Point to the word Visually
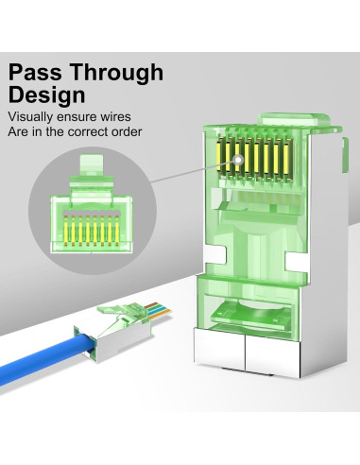[31, 117]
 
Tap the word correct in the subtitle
[96, 131]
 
